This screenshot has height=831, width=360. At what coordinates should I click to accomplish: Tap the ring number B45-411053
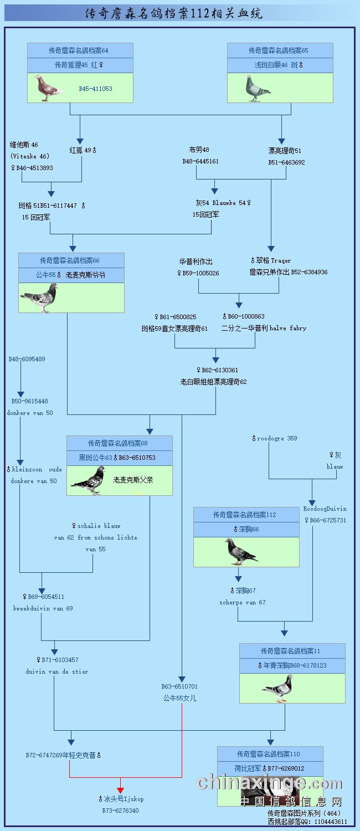click(95, 89)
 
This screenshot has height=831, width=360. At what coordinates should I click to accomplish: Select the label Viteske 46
click(30, 156)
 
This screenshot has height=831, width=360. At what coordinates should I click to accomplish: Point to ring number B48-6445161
click(200, 161)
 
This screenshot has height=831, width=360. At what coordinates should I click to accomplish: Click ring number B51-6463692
click(286, 162)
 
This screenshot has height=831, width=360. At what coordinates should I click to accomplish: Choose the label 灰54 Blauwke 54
click(223, 203)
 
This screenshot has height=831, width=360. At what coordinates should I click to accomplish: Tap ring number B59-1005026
click(198, 273)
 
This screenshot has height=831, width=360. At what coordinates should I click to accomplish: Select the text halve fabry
click(287, 328)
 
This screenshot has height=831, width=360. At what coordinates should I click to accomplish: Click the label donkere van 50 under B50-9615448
click(30, 413)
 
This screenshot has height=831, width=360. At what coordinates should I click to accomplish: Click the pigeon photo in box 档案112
click(241, 551)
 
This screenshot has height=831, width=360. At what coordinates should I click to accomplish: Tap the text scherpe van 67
click(242, 602)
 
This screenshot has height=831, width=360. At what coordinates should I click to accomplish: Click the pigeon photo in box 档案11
click(278, 688)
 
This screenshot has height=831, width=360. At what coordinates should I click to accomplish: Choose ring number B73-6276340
click(120, 811)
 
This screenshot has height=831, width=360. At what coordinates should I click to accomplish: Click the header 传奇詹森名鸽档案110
click(270, 754)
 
